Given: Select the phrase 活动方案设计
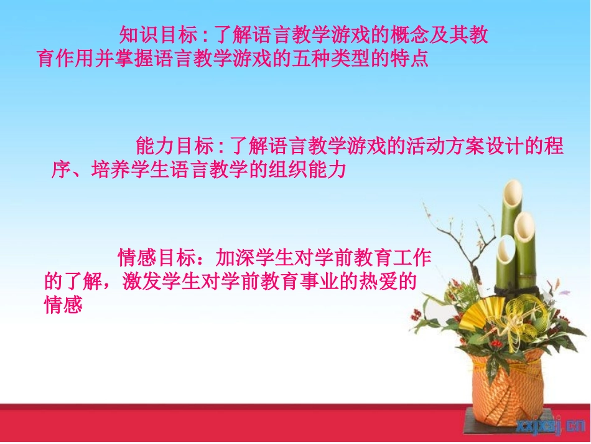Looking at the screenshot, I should pos(462,147).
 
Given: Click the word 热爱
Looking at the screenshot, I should pos(378,281).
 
